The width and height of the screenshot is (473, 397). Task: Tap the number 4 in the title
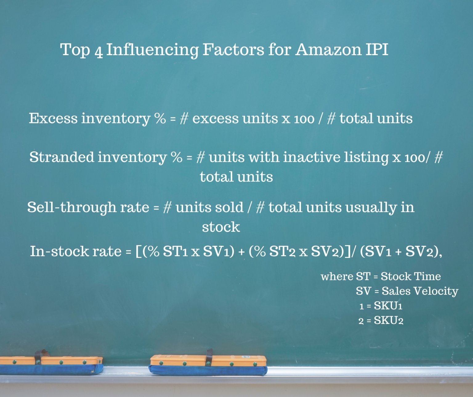(99, 51)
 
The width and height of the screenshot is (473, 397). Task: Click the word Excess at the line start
(53, 118)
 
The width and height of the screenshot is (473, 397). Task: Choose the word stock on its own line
(221, 227)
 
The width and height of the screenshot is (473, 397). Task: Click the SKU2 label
(388, 321)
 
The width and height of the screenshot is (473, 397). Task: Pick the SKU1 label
(388, 306)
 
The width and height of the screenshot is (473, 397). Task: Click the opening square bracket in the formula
(138, 252)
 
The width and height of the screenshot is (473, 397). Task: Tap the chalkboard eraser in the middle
(208, 365)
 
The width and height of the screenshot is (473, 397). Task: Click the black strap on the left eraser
(38, 358)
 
